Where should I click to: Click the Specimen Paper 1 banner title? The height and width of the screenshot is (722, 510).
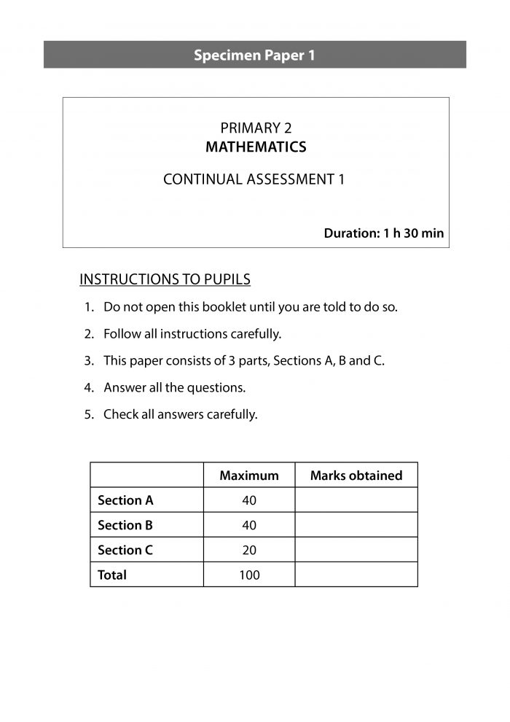click(254, 55)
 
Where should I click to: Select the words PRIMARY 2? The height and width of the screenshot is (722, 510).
click(255, 129)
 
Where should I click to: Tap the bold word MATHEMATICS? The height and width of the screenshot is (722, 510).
click(255, 147)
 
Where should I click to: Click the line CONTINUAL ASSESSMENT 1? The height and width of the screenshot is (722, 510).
click(254, 179)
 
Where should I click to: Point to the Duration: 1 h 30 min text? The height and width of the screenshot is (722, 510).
click(383, 234)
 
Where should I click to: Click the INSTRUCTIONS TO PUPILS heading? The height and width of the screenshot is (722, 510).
click(165, 279)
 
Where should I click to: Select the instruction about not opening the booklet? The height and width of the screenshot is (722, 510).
click(250, 307)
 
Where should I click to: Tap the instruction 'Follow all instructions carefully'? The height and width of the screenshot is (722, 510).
click(192, 334)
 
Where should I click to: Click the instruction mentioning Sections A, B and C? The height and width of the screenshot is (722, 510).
click(243, 361)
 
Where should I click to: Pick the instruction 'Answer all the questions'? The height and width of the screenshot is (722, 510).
click(174, 388)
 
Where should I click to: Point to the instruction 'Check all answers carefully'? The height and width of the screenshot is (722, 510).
click(180, 415)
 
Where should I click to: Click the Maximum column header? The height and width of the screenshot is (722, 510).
click(249, 475)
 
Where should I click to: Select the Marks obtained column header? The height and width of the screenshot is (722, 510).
click(356, 475)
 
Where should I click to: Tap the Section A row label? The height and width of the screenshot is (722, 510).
click(125, 500)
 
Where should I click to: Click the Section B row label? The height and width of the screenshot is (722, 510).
click(125, 525)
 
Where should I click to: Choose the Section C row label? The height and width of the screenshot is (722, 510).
click(125, 550)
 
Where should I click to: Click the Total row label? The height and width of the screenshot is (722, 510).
click(112, 575)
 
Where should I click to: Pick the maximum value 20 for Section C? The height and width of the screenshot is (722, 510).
click(249, 550)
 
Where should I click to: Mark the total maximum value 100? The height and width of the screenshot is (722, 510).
click(249, 575)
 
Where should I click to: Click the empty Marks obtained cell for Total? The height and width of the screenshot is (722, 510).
click(356, 575)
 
